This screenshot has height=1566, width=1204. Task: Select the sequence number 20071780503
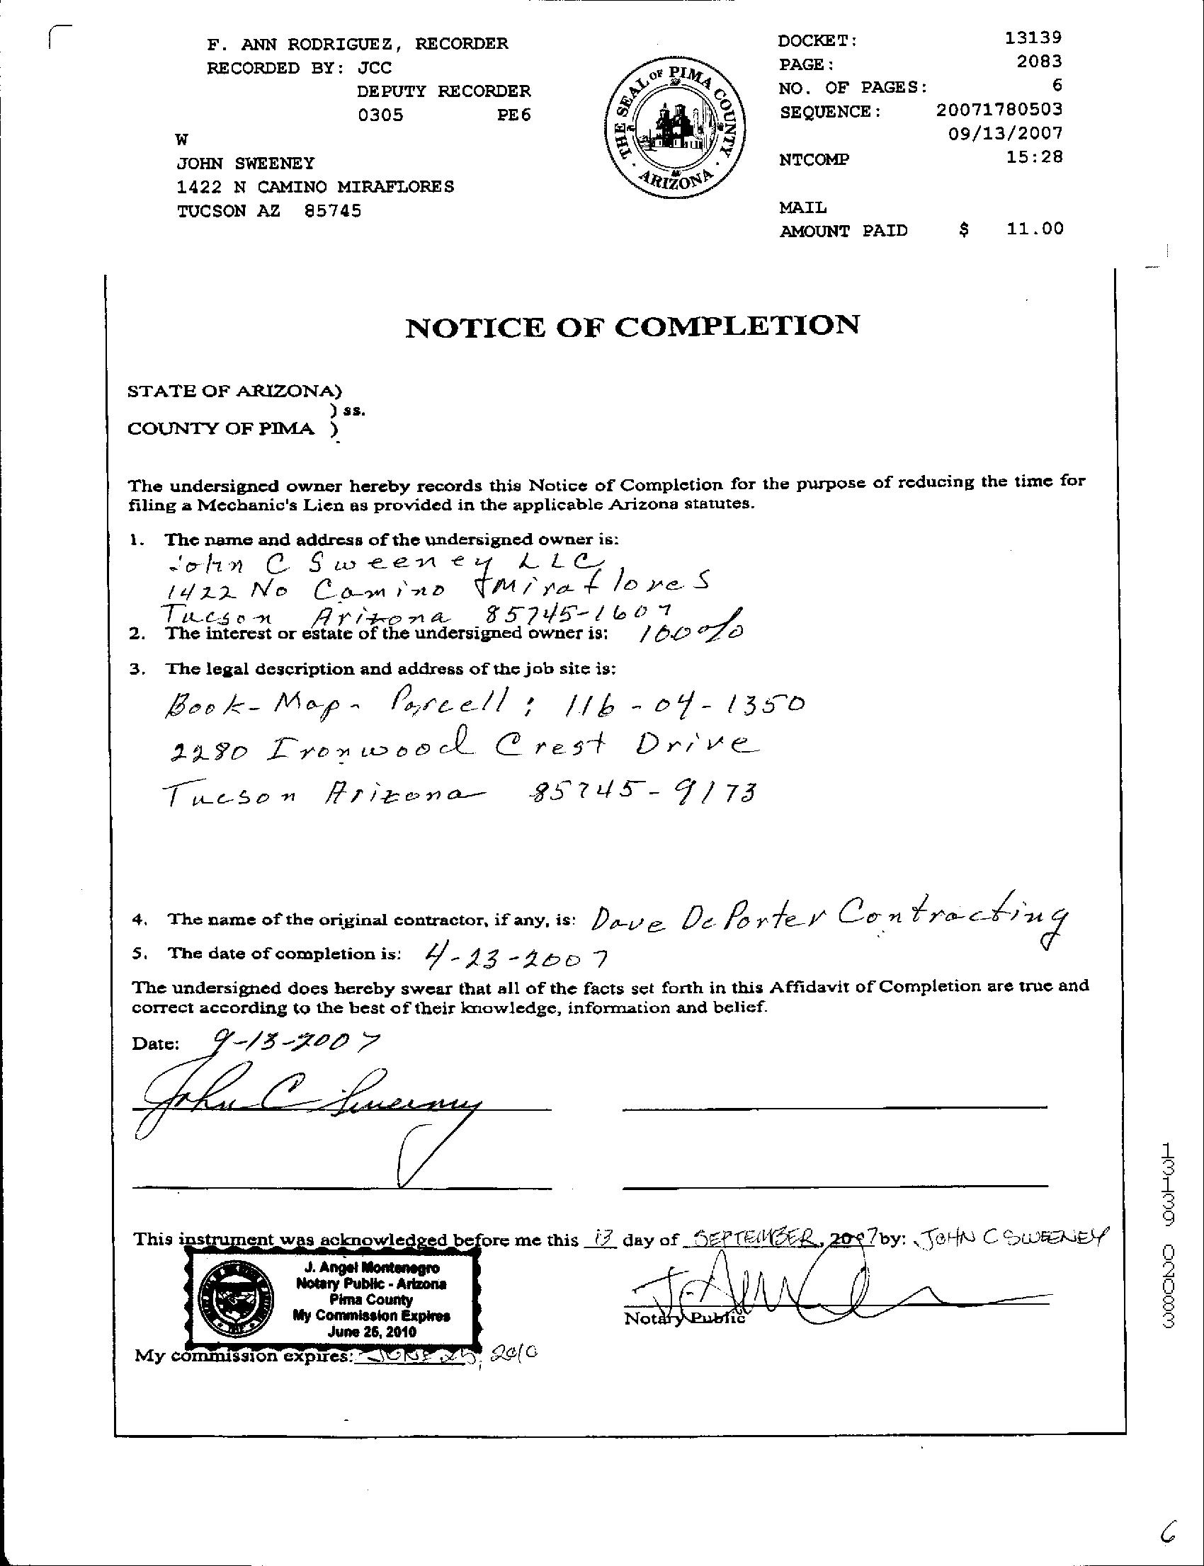click(999, 110)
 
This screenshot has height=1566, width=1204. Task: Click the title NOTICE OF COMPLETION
click(632, 326)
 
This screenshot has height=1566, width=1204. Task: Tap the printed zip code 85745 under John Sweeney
click(333, 210)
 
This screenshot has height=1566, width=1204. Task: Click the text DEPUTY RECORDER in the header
click(443, 91)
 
